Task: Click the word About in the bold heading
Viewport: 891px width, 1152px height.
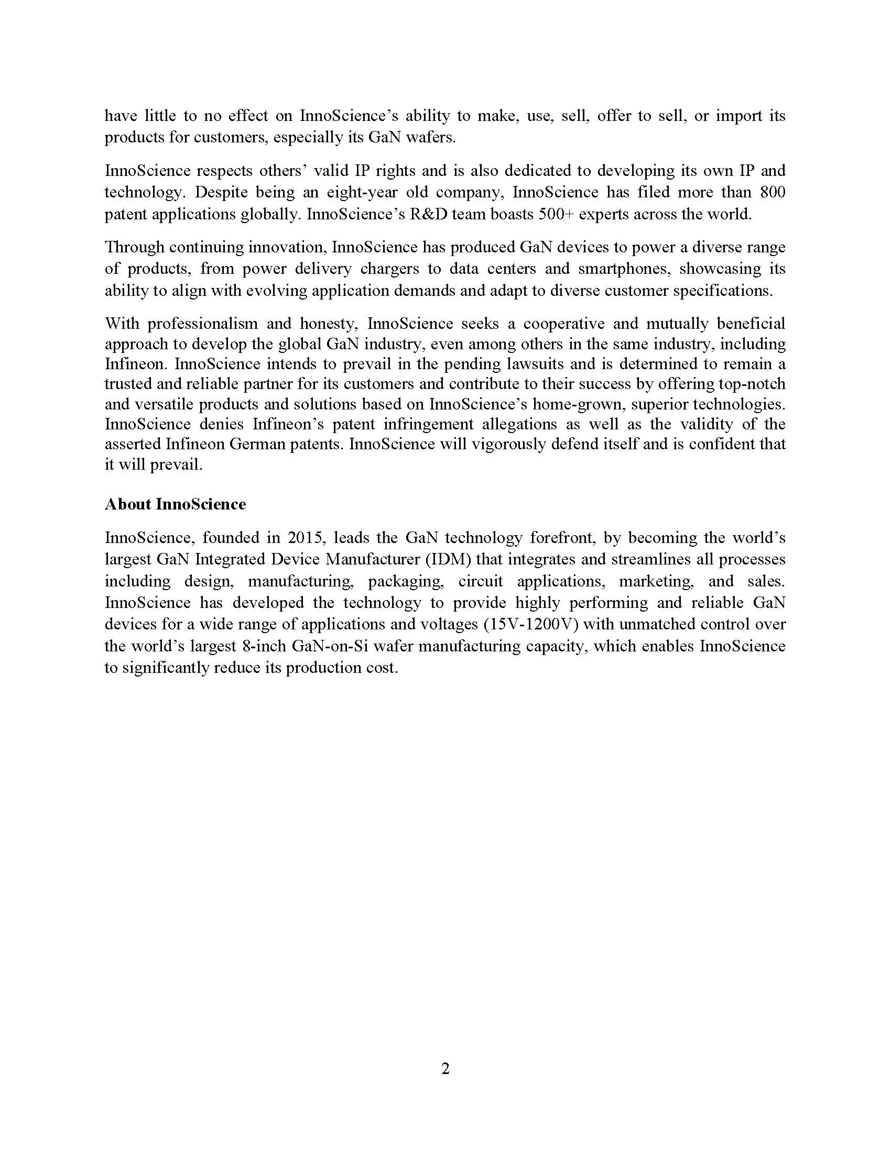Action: [128, 504]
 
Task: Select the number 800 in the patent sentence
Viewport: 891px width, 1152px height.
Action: [772, 192]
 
